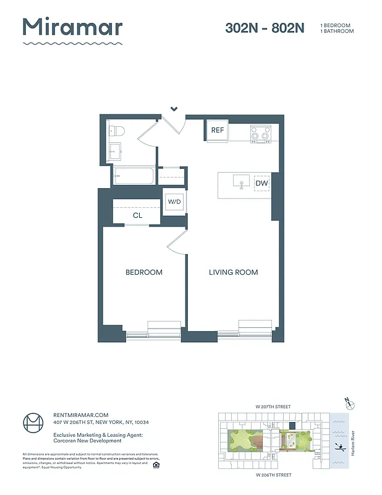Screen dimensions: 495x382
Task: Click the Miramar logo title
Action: tap(72, 27)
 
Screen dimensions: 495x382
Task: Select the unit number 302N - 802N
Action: tap(265, 28)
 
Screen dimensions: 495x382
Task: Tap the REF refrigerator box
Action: tap(217, 131)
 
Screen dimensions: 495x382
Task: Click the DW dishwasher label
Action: tap(261, 183)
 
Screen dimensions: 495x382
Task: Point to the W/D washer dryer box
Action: tap(173, 202)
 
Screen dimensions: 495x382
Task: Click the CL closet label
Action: tap(137, 216)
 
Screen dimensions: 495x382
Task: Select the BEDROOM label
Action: tap(143, 272)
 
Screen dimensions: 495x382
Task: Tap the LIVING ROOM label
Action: tap(233, 272)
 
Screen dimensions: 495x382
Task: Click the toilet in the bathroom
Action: tap(117, 131)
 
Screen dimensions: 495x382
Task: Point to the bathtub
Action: tap(134, 175)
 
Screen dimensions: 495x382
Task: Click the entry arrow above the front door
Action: tap(174, 109)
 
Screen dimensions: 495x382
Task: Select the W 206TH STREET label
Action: tap(274, 475)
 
